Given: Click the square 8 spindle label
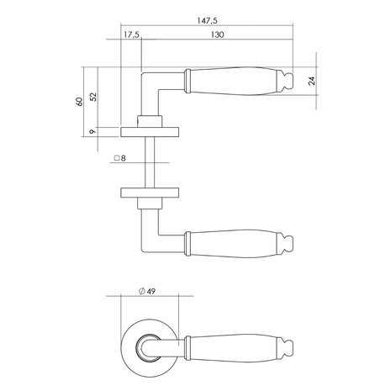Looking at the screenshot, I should pyautogui.click(x=120, y=157).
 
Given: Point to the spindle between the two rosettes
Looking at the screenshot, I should pyautogui.click(x=147, y=160).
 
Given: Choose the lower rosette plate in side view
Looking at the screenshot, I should pyautogui.click(x=148, y=189).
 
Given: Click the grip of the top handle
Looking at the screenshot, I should pyautogui.click(x=235, y=82).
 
